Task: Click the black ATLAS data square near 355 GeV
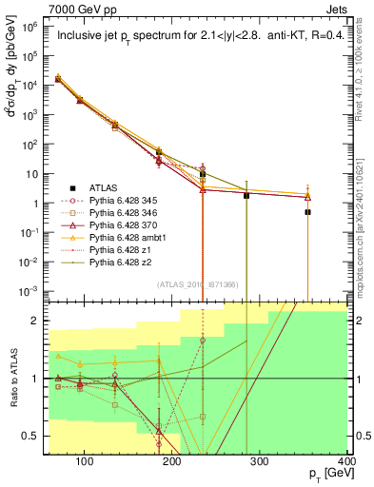[307, 212]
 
